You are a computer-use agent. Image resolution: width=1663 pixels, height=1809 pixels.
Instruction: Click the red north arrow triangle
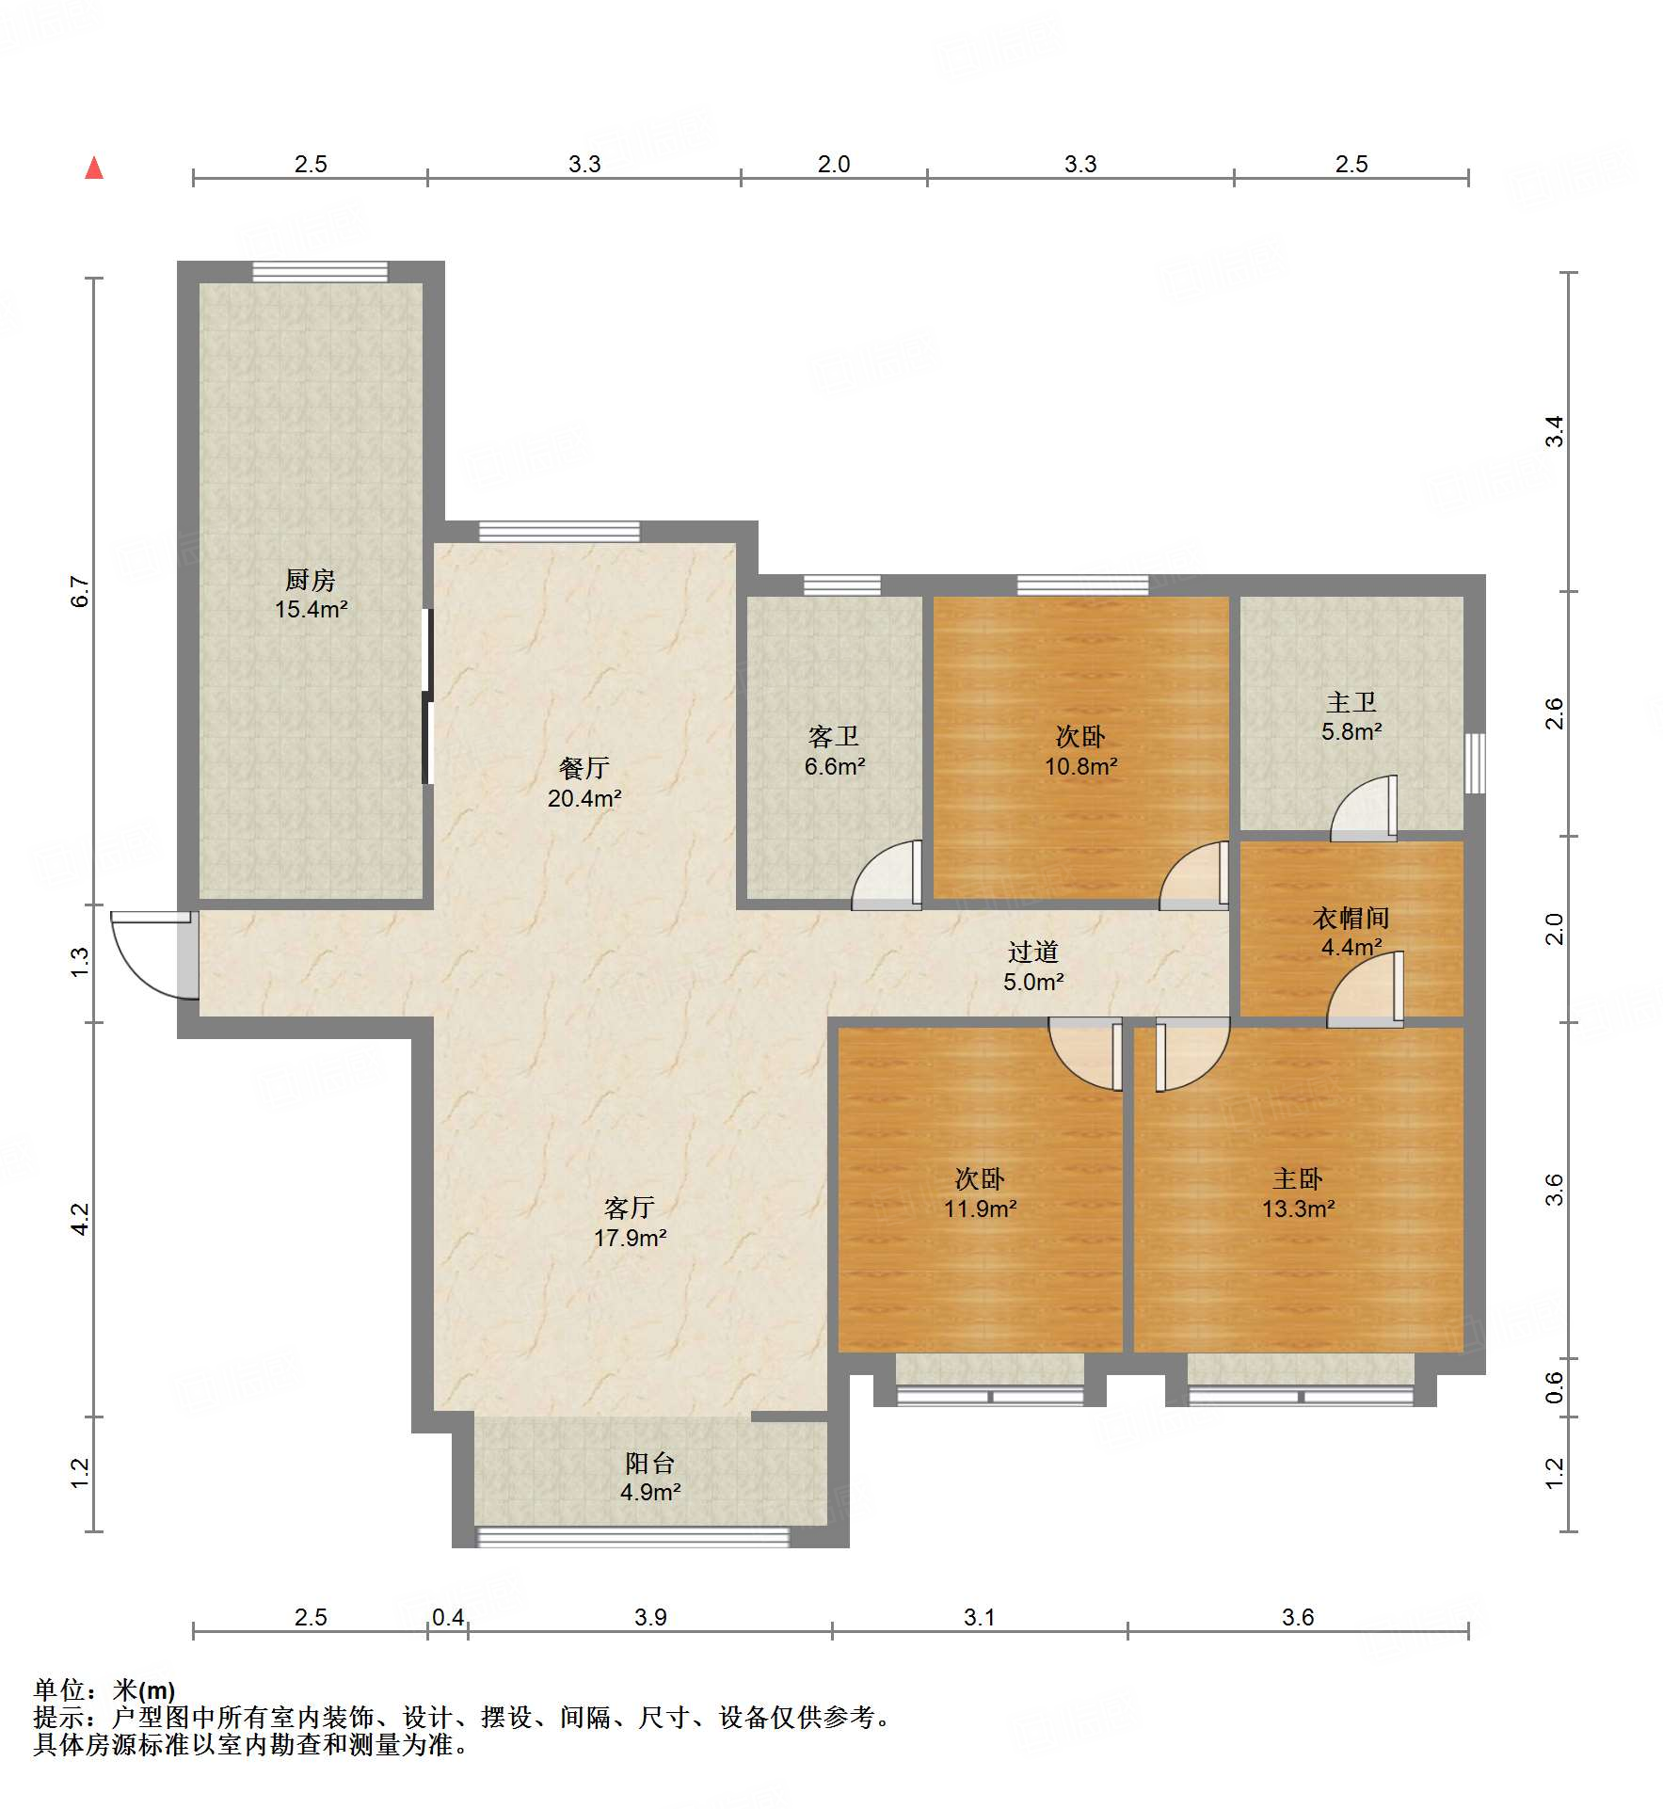(94, 168)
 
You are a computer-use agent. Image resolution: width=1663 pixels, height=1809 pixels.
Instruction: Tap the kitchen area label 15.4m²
(311, 610)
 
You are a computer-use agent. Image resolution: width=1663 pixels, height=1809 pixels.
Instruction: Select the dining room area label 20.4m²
(584, 799)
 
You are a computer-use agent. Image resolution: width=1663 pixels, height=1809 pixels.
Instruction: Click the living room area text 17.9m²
(630, 1239)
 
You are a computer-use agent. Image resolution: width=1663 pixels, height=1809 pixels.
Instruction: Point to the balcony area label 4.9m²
(650, 1493)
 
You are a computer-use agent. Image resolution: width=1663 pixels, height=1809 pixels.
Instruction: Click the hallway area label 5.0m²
(1033, 983)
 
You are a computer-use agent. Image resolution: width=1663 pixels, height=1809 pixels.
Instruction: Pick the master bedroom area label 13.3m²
(1298, 1209)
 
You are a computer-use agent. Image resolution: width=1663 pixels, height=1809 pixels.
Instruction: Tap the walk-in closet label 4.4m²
(1351, 948)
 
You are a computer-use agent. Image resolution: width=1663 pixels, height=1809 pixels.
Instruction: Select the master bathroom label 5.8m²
(1351, 732)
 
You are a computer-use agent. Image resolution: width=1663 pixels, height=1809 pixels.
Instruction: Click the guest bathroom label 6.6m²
(835, 767)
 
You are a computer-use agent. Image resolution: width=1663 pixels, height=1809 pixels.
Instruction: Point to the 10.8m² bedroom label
(1080, 767)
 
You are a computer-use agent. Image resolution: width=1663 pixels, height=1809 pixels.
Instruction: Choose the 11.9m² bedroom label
(980, 1209)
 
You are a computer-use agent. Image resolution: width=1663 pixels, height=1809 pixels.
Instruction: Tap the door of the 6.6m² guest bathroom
(887, 874)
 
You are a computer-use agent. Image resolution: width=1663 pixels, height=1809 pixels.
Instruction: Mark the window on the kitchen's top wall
(320, 272)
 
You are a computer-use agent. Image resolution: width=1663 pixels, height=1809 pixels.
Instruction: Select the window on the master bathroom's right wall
(1475, 763)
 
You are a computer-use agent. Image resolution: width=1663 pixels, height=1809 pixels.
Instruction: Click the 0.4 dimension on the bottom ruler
(448, 1617)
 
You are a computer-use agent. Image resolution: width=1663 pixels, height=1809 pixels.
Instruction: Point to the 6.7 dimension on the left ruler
(80, 592)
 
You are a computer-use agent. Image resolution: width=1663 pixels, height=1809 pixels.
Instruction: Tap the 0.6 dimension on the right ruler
(1554, 1387)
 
